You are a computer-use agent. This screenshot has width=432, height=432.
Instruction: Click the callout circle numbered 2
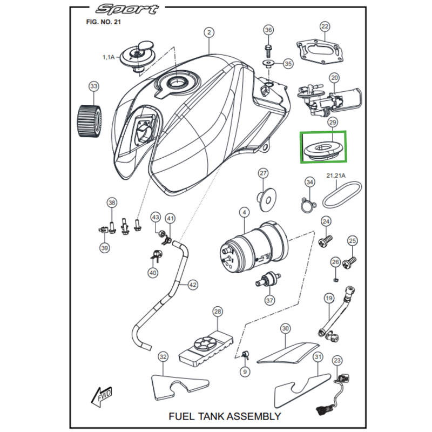[x=208, y=32]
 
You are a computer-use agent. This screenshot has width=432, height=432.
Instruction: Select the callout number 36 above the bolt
[x=268, y=30]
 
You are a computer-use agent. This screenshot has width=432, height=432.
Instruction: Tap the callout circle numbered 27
[x=263, y=174]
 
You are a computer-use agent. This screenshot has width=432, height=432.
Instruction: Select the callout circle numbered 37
[x=269, y=300]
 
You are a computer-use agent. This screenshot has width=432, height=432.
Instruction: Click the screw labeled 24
[x=325, y=241]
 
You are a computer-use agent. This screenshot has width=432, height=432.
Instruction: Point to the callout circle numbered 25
[x=352, y=240]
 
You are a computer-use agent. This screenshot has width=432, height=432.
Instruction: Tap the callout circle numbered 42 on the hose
[x=192, y=285]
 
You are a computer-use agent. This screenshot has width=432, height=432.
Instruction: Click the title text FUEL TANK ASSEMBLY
[x=225, y=416]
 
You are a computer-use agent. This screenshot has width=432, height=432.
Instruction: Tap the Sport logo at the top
[x=127, y=9]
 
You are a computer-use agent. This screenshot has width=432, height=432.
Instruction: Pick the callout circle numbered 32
[x=163, y=357]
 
